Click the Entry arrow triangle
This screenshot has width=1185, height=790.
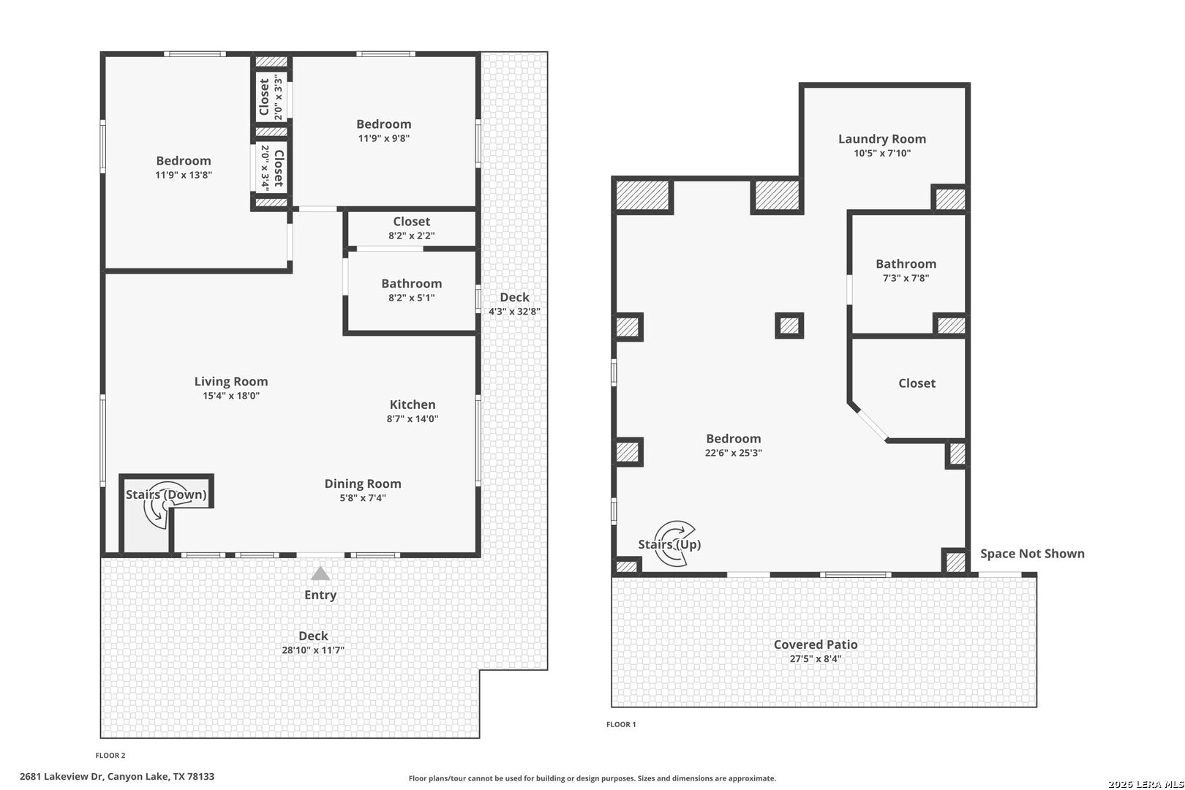320,573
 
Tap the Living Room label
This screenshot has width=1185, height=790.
231,382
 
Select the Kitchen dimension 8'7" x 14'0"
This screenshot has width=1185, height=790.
413,419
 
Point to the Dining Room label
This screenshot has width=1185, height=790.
363,484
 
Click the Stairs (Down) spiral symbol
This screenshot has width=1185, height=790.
160,505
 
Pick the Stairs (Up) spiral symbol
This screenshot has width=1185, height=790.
674,543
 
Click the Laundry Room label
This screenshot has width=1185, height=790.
882,139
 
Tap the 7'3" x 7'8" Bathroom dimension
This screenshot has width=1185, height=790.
906,278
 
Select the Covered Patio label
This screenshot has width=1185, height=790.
816,644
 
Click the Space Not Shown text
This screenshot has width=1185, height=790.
1033,554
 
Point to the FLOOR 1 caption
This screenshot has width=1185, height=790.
621,724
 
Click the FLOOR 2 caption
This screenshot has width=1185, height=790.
110,756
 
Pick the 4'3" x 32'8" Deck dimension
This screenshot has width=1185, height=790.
515,312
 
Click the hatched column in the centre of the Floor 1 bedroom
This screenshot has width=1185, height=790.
789,326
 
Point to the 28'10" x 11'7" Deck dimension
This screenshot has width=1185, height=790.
313,650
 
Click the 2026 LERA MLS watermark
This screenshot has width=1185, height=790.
1145,784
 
